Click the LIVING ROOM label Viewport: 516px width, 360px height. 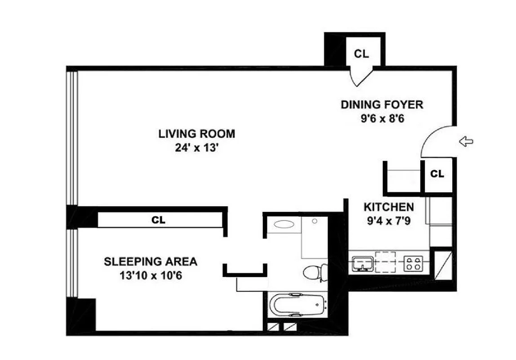point(196,134)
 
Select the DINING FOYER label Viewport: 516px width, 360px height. point(382,105)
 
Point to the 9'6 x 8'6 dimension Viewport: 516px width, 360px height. point(382,120)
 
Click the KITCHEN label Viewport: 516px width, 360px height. point(388,207)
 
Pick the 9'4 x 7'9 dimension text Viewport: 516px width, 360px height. point(388,221)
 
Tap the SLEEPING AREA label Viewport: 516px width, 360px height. point(151,261)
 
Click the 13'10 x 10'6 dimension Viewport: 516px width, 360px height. point(151,275)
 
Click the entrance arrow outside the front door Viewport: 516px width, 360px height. point(466,142)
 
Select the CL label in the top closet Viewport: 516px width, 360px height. point(361,54)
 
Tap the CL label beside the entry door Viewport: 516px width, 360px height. point(437,174)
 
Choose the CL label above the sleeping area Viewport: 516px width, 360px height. point(158,220)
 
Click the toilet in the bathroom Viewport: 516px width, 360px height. point(315,272)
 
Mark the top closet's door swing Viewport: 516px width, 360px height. point(362,76)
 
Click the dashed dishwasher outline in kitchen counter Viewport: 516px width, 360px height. point(387,261)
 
